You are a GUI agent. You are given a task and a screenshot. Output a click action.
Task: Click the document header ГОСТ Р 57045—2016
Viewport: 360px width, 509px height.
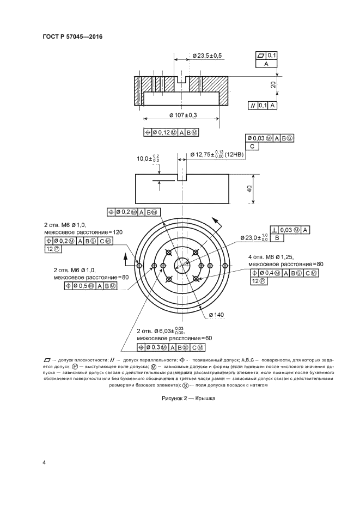pyautogui.click(x=72, y=37)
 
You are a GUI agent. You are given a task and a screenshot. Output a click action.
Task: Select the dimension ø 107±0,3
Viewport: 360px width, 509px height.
pyautogui.click(x=182, y=115)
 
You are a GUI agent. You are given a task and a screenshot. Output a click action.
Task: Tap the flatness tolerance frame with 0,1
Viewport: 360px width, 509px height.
pyautogui.click(x=266, y=56)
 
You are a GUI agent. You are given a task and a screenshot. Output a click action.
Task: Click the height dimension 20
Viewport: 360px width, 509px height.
pyautogui.click(x=273, y=84)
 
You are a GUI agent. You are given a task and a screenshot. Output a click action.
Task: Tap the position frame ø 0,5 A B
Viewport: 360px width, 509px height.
pyautogui.click(x=91, y=285)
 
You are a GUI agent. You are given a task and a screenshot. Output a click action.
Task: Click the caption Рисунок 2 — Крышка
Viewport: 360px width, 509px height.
pyautogui.click(x=189, y=398)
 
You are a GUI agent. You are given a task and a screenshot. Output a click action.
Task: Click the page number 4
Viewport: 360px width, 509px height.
pyautogui.click(x=44, y=463)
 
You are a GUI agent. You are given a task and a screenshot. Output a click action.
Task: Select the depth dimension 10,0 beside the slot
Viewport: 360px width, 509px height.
pyautogui.click(x=148, y=158)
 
